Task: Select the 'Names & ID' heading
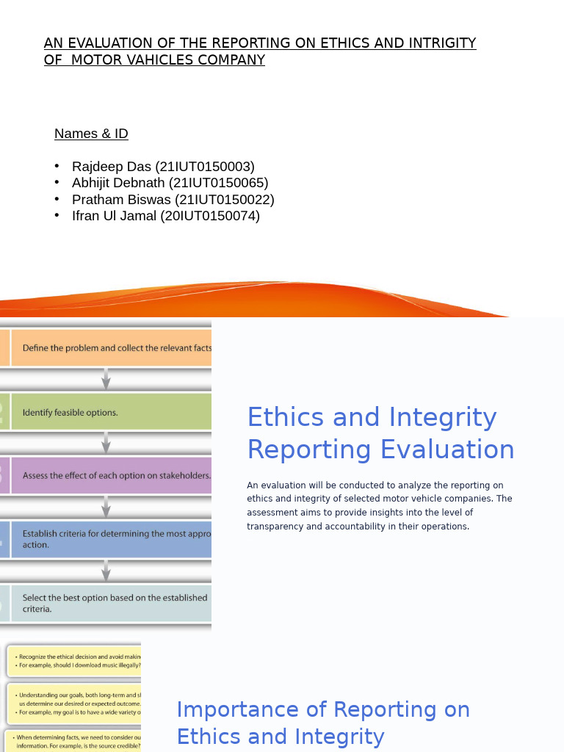tap(91, 134)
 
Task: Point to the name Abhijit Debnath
tap(118, 183)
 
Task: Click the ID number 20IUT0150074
tap(210, 216)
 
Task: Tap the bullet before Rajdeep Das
tap(57, 167)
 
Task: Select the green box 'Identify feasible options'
tap(110, 412)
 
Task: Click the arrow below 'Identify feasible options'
tap(106, 443)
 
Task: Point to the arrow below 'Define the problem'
tap(106, 379)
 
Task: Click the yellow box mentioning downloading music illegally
tap(73, 661)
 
